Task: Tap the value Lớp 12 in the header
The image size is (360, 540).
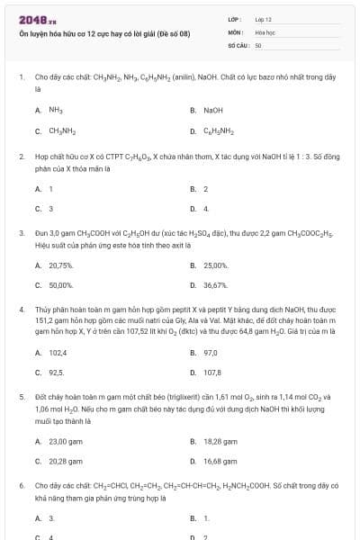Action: (x=263, y=19)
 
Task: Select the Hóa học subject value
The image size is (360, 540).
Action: (x=264, y=31)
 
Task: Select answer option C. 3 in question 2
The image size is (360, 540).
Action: (x=50, y=209)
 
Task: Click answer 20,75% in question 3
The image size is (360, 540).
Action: (x=60, y=265)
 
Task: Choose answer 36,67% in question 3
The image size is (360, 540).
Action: (x=215, y=285)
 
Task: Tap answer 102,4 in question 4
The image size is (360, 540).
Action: (x=58, y=352)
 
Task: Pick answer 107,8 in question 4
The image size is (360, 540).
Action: (x=212, y=372)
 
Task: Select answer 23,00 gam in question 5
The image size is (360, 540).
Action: (x=64, y=441)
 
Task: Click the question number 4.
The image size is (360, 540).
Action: (x=21, y=309)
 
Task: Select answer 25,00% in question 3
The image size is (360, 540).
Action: (x=215, y=265)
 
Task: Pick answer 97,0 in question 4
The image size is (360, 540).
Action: (x=211, y=352)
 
